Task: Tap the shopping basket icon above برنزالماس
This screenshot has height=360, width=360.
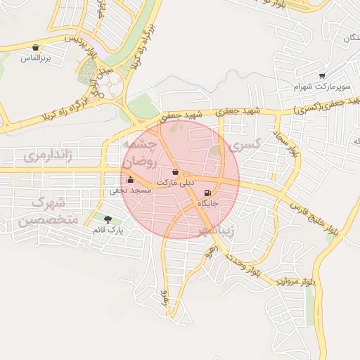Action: (x=35, y=48)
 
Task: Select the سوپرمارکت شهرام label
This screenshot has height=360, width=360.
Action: (x=321, y=86)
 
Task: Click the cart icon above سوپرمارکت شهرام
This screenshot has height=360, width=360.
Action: (x=322, y=76)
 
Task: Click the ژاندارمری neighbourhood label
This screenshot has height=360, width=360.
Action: (x=49, y=155)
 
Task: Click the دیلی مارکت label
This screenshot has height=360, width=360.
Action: (x=175, y=182)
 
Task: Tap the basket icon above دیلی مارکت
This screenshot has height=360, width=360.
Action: (x=175, y=172)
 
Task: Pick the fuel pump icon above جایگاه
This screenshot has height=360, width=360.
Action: (x=207, y=193)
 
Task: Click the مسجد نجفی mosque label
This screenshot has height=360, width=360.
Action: (x=129, y=190)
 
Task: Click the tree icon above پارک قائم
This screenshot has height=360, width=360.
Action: (x=108, y=219)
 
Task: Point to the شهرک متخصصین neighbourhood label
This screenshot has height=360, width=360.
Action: (x=44, y=212)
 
